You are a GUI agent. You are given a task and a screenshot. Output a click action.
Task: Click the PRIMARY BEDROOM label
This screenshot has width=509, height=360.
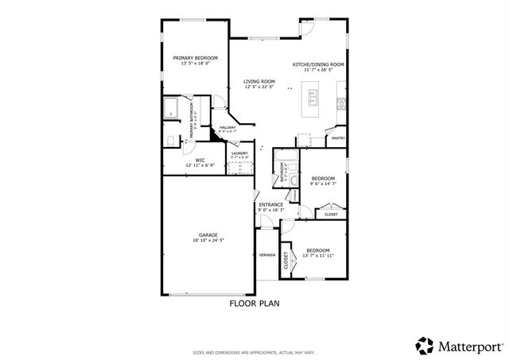click(x=195, y=58)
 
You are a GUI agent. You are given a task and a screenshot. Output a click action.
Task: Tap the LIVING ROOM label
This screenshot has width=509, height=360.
click(x=259, y=81)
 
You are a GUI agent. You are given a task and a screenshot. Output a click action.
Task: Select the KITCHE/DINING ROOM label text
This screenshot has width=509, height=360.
click(x=318, y=64)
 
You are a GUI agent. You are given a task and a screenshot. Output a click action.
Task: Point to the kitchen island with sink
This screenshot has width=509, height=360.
click(x=313, y=100)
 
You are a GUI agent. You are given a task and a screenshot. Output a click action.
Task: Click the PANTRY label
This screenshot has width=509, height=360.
click(x=338, y=137)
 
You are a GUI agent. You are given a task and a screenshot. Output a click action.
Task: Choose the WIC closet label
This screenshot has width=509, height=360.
click(x=189, y=160)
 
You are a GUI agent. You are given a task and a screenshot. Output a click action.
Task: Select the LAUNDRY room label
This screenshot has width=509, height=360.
click(x=239, y=153)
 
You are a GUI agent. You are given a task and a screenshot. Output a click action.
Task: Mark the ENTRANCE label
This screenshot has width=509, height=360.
click(x=270, y=205)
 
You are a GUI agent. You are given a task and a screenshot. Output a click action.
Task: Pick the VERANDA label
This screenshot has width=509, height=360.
click(x=267, y=255)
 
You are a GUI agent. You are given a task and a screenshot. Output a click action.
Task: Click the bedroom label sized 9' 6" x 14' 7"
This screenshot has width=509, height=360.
click(x=322, y=178)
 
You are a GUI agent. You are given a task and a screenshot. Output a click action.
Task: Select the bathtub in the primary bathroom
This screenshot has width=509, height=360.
click(x=172, y=109)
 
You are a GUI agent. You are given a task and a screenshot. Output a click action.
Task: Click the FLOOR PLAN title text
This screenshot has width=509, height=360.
click(x=254, y=303)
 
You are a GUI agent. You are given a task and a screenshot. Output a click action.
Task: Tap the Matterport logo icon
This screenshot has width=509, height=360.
click(x=425, y=345)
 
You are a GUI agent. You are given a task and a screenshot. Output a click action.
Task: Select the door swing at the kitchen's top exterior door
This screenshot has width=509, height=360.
click(x=307, y=28)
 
